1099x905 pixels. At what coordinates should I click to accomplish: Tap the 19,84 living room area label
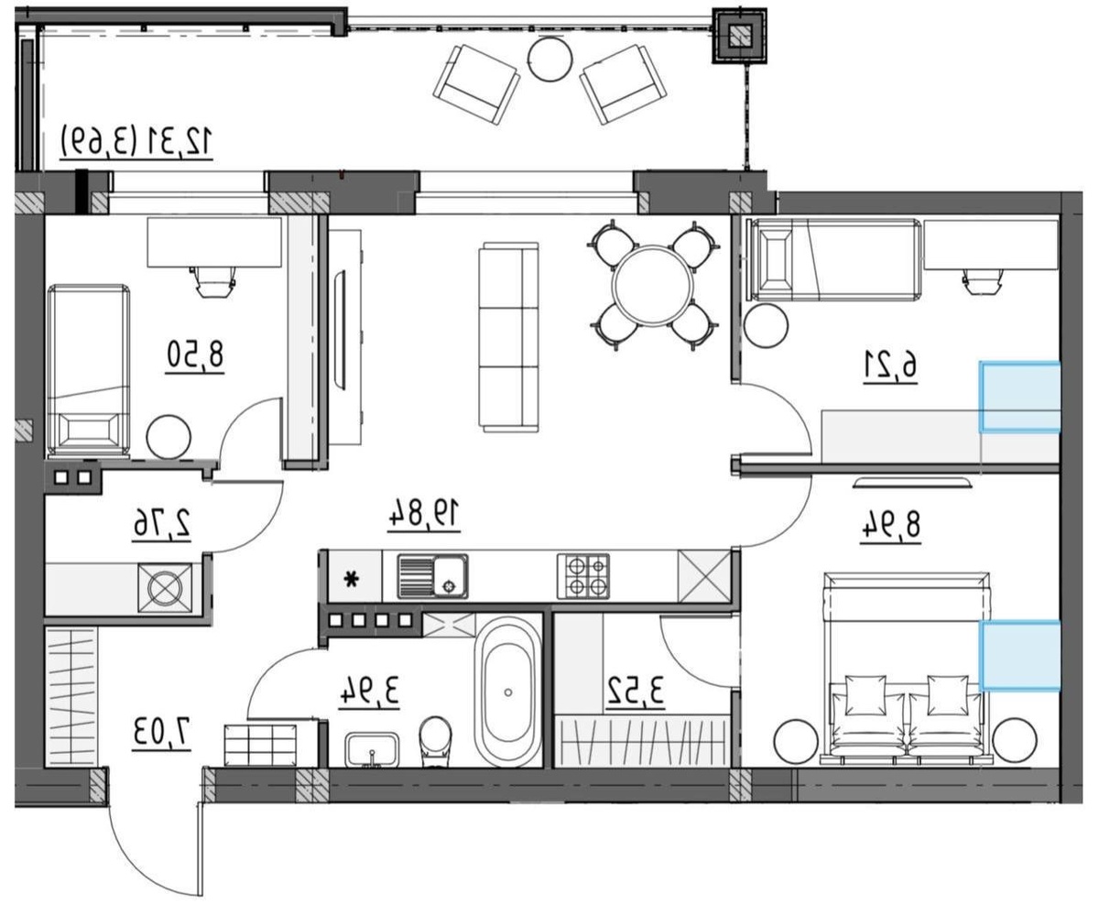tap(424, 514)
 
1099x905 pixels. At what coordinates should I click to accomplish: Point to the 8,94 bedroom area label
tap(890, 525)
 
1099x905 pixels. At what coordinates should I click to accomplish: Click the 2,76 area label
tap(162, 523)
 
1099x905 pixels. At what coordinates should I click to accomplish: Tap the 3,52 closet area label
tap(636, 691)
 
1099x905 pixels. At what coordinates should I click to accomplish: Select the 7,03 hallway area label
tap(162, 733)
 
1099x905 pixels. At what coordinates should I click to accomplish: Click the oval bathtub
tap(508, 692)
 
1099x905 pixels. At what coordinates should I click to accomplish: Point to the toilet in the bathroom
tap(435, 741)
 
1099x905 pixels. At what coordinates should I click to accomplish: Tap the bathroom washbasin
tap(372, 749)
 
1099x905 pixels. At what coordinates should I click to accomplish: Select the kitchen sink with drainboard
tap(432, 576)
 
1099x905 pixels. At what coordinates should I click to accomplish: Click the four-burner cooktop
tap(583, 576)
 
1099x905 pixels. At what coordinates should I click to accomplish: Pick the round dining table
tap(654, 286)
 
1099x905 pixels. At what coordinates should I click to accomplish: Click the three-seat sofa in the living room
tap(508, 337)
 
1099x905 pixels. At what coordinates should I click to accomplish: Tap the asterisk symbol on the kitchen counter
tap(353, 579)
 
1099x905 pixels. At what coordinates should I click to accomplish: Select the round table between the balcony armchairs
tap(550, 59)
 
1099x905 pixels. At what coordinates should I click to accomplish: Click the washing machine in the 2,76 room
tap(165, 588)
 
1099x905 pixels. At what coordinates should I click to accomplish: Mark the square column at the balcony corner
tap(740, 37)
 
